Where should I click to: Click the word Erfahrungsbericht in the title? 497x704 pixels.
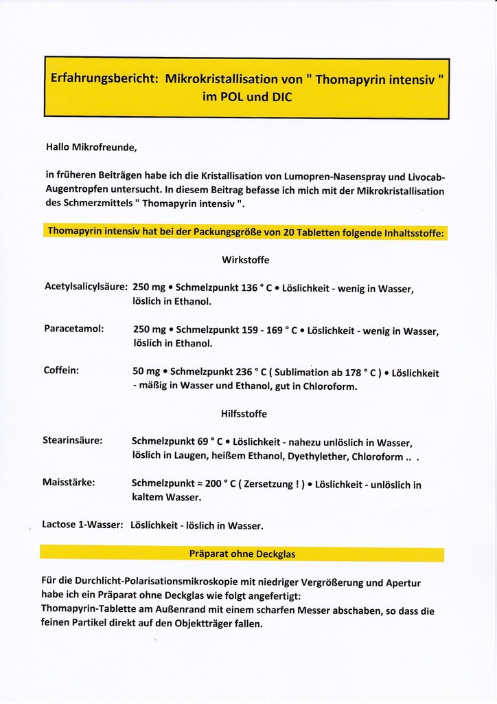104,79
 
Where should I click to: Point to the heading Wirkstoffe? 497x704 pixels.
245,260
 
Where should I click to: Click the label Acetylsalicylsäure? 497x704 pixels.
86,287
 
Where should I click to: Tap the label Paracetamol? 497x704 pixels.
73,329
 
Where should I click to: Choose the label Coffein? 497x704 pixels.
61,370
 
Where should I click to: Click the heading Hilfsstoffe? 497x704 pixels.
244,414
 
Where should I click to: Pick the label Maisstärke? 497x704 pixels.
69,482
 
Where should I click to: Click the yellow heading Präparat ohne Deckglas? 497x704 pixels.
242,553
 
